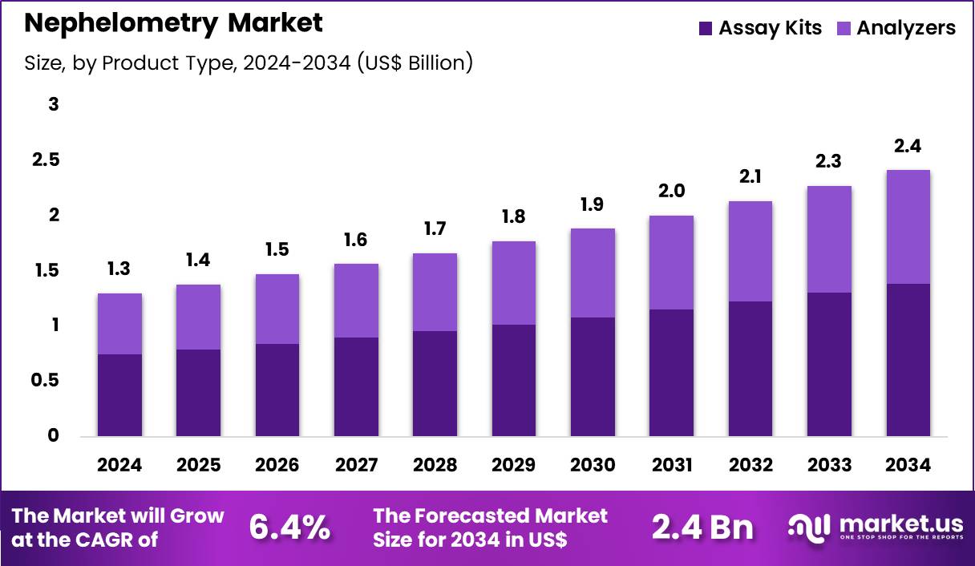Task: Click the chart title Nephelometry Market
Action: pos(173,23)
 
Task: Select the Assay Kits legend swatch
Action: pos(706,28)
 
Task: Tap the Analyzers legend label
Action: pos(906,28)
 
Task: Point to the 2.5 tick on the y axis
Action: pos(46,160)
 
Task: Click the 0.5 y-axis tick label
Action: pos(46,381)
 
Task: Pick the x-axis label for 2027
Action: pos(356,466)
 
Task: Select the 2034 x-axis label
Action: pos(908,466)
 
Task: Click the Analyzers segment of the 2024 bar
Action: pos(119,324)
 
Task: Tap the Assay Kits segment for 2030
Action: pos(593,377)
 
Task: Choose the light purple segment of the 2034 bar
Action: pos(908,227)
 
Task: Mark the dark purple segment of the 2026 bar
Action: pos(277,390)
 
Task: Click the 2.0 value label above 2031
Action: pos(671,191)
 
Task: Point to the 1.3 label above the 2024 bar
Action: pos(119,269)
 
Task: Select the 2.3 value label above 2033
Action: pos(829,161)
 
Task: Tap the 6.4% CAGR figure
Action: pos(289,528)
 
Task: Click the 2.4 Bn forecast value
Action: pos(702,528)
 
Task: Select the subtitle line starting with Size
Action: pos(249,63)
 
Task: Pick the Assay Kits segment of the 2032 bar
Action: pos(750,369)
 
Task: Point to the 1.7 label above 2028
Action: pos(435,228)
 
